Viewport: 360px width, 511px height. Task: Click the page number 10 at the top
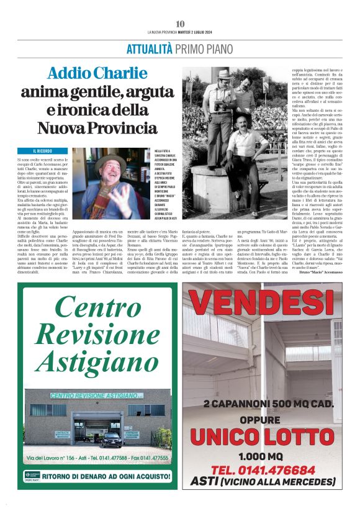[180, 24]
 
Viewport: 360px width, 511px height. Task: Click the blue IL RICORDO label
[44, 151]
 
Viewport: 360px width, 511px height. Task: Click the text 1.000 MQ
[263, 454]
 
